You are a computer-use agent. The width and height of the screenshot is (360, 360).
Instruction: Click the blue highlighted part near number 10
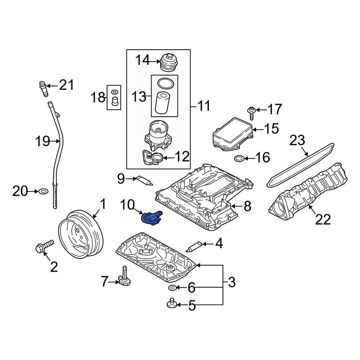click(x=152, y=218)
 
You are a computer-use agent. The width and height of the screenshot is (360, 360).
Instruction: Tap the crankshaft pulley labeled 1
click(x=80, y=234)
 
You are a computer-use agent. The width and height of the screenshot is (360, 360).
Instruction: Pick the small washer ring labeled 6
click(x=172, y=288)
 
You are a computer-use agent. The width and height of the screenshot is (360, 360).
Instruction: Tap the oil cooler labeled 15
click(x=233, y=134)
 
